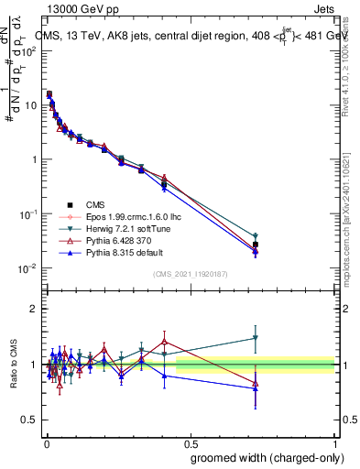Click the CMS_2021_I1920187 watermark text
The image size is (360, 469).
click(191, 274)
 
